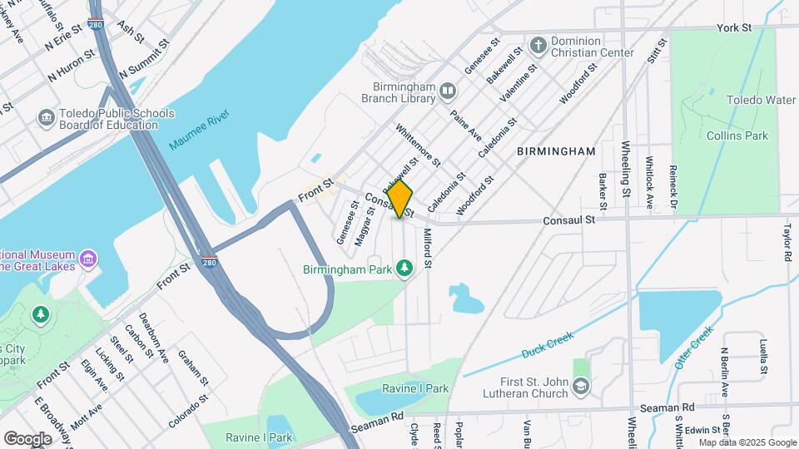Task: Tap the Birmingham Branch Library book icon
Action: click(x=449, y=90)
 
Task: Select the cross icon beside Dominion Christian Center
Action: click(x=538, y=45)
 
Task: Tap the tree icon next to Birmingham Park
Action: click(x=404, y=268)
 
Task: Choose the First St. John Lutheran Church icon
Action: click(x=581, y=384)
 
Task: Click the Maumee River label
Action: click(x=198, y=128)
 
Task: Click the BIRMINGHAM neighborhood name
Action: click(x=556, y=151)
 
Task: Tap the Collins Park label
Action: click(x=737, y=136)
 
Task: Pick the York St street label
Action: click(x=734, y=27)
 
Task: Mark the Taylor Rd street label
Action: click(x=786, y=242)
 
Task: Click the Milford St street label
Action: click(x=428, y=249)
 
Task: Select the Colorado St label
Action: click(x=188, y=412)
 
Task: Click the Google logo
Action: click(x=27, y=438)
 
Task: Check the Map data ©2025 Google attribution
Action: click(x=747, y=442)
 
